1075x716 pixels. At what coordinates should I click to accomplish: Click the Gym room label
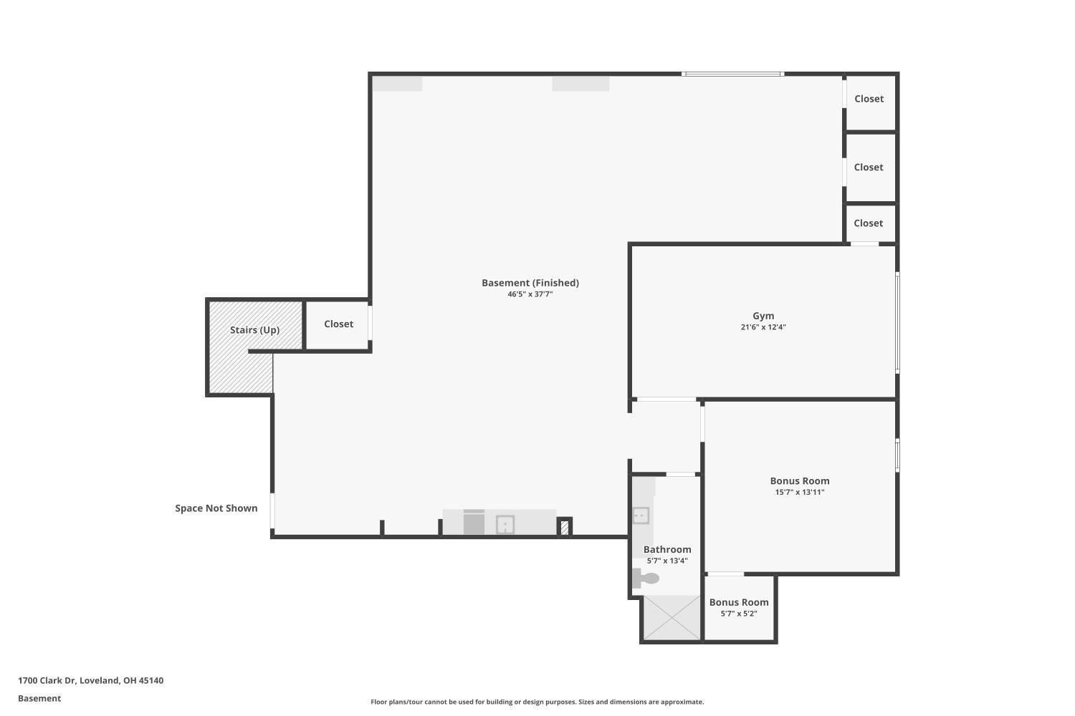(x=763, y=316)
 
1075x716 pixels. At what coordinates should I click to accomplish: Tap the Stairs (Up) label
(x=254, y=330)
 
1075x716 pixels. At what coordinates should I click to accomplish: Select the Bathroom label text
(x=667, y=550)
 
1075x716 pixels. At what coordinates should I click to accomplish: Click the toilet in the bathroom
(x=645, y=578)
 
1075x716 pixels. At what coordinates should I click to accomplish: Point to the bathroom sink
(x=641, y=516)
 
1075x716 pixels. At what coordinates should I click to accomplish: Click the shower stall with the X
(x=672, y=618)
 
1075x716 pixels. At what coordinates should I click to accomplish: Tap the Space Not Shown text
(x=216, y=508)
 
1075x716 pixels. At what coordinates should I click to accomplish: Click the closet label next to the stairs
(x=338, y=324)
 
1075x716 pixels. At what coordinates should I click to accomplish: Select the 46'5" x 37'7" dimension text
(x=530, y=294)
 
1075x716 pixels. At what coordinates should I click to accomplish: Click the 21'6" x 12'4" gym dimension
(x=763, y=327)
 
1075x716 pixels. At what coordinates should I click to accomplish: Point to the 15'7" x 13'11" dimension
(x=800, y=492)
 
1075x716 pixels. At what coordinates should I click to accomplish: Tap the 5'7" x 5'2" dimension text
(x=739, y=614)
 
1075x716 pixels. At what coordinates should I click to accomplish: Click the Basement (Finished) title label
(x=530, y=283)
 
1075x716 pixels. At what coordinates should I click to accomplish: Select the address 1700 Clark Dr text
(x=47, y=680)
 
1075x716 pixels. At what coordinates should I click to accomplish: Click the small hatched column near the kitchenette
(x=565, y=528)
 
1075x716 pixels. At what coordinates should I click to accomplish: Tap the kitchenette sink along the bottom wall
(x=505, y=525)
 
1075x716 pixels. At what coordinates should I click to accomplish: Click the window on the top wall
(x=732, y=74)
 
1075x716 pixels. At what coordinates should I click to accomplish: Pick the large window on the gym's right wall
(x=897, y=323)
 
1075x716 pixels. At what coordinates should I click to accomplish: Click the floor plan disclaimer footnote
(x=537, y=702)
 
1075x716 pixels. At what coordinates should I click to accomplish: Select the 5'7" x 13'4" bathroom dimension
(x=667, y=561)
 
